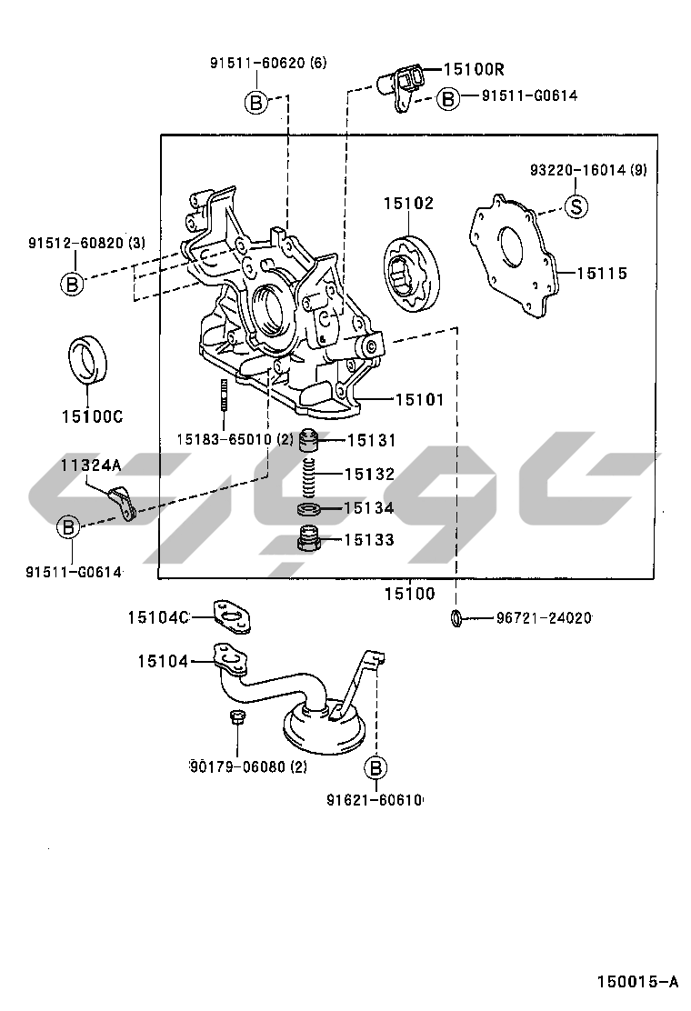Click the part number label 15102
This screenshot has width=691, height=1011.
pos(408,204)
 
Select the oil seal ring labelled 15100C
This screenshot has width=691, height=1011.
pos(87,360)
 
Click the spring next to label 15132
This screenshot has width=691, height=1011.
pos(309,474)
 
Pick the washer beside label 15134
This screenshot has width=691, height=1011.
pos(309,507)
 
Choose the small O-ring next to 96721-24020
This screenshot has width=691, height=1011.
pos(456,618)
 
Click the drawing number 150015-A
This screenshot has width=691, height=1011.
pos(637,981)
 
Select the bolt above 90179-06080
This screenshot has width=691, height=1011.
pos(235,718)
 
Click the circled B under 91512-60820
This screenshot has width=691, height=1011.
pos(72,284)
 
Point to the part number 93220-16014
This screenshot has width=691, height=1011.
pos(576,170)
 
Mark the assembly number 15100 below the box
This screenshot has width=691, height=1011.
pos(408,594)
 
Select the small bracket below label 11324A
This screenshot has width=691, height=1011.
pos(123,501)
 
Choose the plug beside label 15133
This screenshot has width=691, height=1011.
pos(309,540)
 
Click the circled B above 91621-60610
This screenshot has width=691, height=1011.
pos(376,768)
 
